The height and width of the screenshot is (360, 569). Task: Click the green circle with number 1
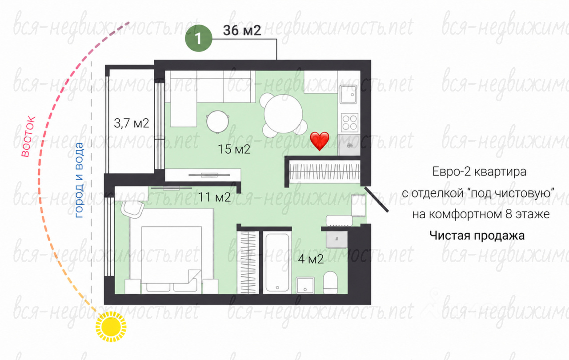coord(198,38)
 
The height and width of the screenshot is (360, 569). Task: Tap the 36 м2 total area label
coord(242,31)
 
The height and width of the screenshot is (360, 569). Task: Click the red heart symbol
coord(320,141)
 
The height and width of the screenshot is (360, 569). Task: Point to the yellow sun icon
coord(111,327)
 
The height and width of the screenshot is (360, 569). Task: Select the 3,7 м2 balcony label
coord(131,124)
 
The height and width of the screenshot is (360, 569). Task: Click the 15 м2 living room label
coord(234,149)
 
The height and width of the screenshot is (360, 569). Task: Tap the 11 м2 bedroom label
coord(214,197)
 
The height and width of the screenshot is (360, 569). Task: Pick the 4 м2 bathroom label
coord(311,259)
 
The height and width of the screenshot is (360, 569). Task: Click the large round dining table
coord(283,113)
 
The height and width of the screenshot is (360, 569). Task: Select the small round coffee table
coord(218,122)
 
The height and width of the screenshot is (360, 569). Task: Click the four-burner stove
coord(349,123)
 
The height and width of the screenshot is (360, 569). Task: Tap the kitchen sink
coord(348,94)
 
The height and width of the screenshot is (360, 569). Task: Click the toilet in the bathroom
coord(330,283)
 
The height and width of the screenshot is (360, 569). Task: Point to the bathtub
coord(277,262)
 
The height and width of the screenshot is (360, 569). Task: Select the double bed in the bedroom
coord(172,252)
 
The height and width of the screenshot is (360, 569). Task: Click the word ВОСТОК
coord(28,136)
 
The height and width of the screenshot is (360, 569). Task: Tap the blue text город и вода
coord(79,180)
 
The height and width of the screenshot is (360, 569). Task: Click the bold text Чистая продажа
coord(477,236)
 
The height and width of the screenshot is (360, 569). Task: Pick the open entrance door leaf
coord(377,200)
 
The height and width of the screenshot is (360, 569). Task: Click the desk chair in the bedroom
coord(132,209)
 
